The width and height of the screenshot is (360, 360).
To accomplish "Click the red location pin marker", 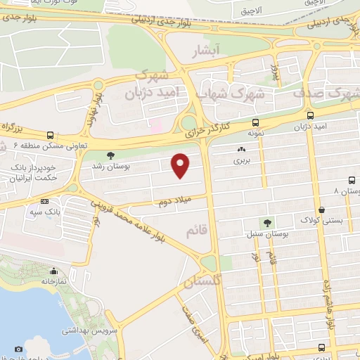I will click(x=181, y=165).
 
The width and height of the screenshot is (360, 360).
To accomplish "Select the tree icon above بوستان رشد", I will click(x=109, y=155).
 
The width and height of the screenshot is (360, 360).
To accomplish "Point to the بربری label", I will click(x=242, y=160).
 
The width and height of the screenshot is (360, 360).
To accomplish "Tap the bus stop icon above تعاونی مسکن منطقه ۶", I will click(x=50, y=135).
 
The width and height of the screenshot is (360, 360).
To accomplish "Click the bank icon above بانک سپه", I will click(x=45, y=200).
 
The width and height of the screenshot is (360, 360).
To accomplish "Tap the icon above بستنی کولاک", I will click(x=321, y=209).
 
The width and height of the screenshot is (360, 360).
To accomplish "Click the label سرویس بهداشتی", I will click(x=84, y=330).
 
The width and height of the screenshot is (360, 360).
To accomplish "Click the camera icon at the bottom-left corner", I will click(x=18, y=348).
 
